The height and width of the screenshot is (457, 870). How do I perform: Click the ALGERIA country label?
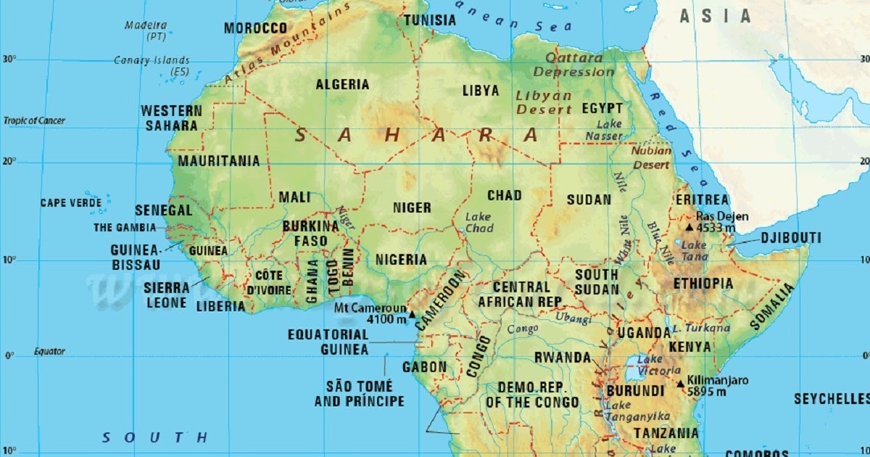pyautogui.click(x=342, y=84)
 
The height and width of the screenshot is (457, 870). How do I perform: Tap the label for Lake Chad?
pyautogui.click(x=478, y=223)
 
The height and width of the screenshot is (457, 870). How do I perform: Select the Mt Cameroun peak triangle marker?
pyautogui.click(x=412, y=314)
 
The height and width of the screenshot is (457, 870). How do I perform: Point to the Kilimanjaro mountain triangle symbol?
pyautogui.click(x=680, y=384)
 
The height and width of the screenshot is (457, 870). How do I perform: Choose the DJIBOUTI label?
pyautogui.click(x=790, y=238)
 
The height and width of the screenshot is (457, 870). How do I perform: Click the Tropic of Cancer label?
pyautogui.click(x=34, y=120)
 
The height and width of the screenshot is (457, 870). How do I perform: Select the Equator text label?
pyautogui.click(x=49, y=352)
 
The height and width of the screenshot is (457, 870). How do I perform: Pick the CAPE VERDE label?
pyautogui.click(x=71, y=203)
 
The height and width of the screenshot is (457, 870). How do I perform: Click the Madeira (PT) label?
pyautogui.click(x=146, y=30)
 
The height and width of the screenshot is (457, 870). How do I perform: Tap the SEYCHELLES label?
pyautogui.click(x=830, y=399)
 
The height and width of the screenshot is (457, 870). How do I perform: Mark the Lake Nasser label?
pyautogui.click(x=604, y=130)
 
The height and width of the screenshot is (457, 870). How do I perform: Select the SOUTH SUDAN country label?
pyautogui.click(x=597, y=281)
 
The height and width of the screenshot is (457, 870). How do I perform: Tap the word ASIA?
pyautogui.click(x=715, y=16)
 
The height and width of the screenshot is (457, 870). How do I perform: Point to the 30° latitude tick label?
pyautogui.click(x=10, y=59)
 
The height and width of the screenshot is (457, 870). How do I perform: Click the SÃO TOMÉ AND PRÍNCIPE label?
pyautogui.click(x=359, y=393)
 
